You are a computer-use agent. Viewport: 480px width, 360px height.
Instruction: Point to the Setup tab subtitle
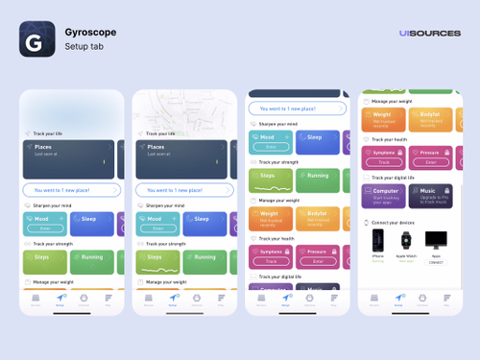[83, 46]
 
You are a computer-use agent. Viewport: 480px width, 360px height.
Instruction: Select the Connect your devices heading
[396, 222]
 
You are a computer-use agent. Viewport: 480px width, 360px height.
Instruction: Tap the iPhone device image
[377, 241]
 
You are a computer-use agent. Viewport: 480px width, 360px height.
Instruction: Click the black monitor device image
[437, 240]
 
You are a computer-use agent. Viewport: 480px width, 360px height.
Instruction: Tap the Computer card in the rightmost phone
[383, 196]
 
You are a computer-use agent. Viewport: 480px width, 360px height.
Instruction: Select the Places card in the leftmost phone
[68, 158]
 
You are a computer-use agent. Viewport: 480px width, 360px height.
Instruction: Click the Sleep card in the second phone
[203, 224]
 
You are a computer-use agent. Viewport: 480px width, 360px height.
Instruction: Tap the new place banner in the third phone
[293, 108]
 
